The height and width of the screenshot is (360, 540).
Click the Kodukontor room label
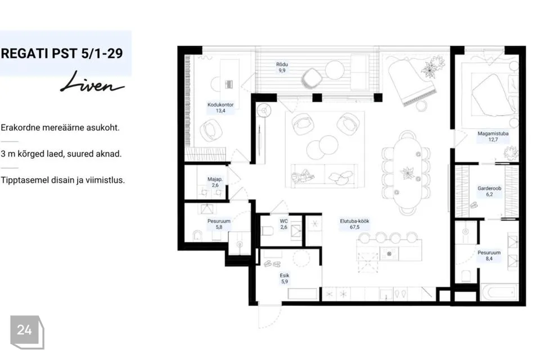click(x=220, y=105)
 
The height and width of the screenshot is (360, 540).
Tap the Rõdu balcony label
click(x=282, y=65)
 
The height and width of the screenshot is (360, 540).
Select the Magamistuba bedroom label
click(x=493, y=133)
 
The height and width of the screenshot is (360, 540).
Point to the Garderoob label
click(x=489, y=188)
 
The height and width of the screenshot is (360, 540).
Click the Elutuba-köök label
click(x=354, y=221)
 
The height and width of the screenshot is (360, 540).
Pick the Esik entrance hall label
click(x=285, y=275)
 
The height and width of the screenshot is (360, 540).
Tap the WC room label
click(x=283, y=221)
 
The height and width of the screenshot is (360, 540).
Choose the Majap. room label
click(x=215, y=179)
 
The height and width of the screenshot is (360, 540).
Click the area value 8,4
click(x=489, y=258)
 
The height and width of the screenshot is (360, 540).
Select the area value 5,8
click(x=219, y=227)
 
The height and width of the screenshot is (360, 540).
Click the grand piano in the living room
click(x=412, y=82)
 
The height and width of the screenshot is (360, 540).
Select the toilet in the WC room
click(x=267, y=231)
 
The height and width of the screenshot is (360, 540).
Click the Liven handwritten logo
click(x=92, y=83)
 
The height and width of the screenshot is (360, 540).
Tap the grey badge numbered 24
click(x=27, y=332)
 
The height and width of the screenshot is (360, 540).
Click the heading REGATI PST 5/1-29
click(x=62, y=53)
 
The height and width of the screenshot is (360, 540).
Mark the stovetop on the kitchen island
click(x=389, y=254)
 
